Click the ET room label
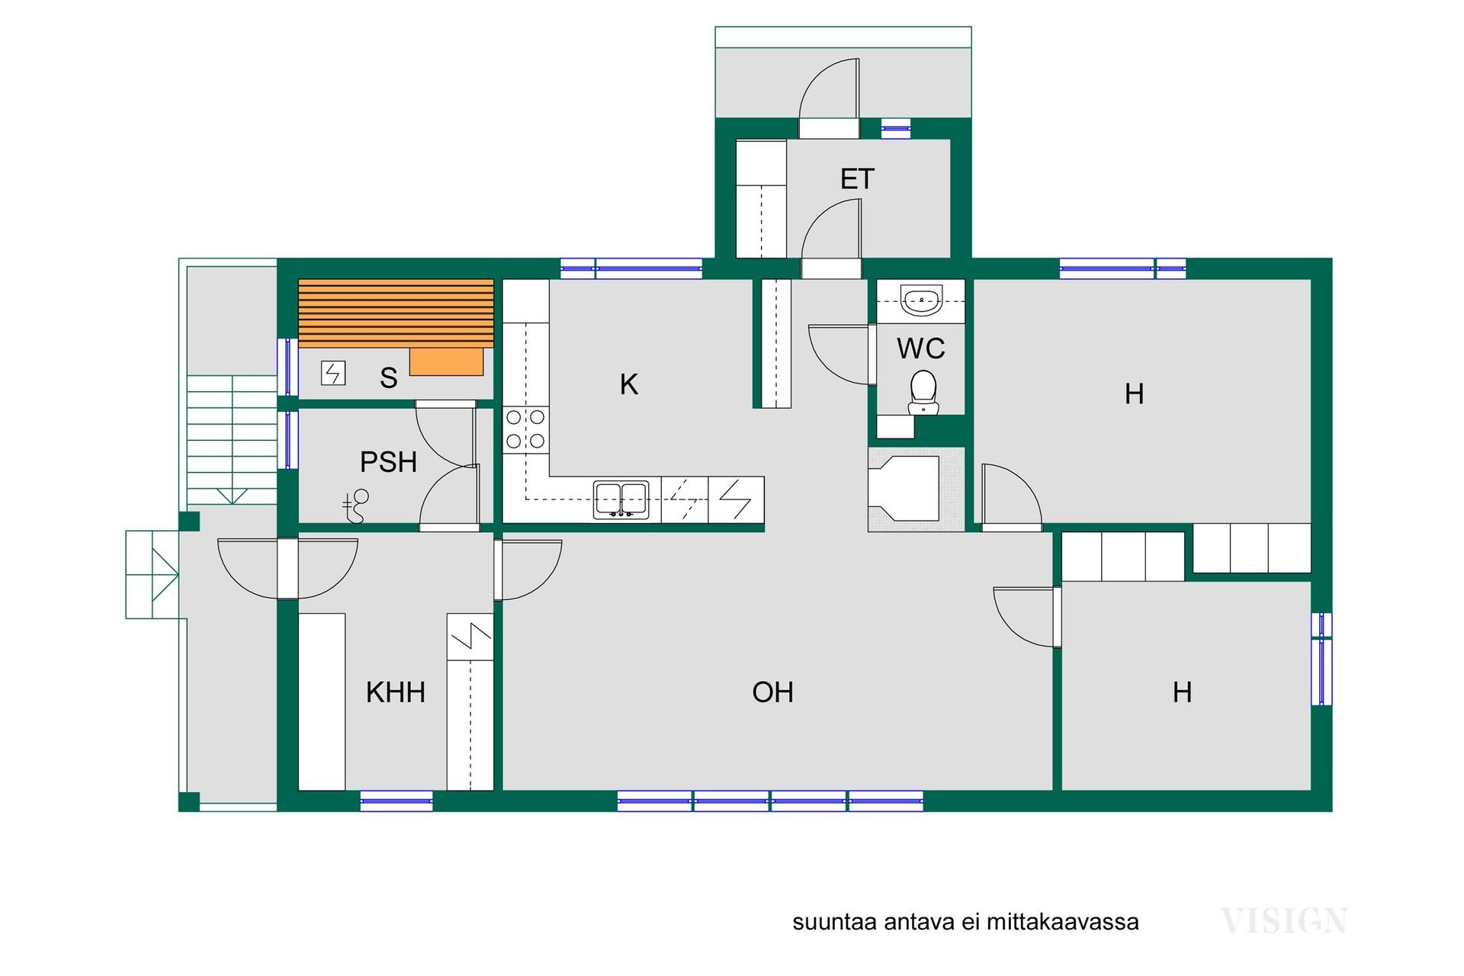[857, 179]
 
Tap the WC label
[921, 348]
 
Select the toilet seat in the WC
[923, 392]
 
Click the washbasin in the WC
[921, 300]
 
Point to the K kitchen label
[629, 384]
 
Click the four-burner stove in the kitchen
[525, 429]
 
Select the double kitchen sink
[621, 500]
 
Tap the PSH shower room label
[388, 462]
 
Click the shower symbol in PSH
[355, 506]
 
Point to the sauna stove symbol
[333, 373]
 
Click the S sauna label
[389, 378]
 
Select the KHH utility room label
[396, 692]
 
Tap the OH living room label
[773, 692]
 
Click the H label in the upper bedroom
[1135, 394]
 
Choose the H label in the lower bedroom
[1183, 692]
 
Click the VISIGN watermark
[1284, 921]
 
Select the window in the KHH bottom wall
[396, 801]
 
